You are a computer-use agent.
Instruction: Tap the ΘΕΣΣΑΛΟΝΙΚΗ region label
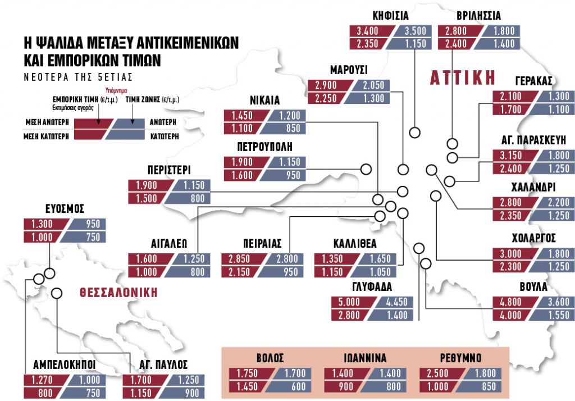pyautogui.click(x=118, y=292)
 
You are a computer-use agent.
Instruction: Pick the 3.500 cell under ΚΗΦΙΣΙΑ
pyautogui.click(x=416, y=31)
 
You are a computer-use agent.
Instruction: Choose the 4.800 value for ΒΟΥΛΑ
pyautogui.click(x=510, y=303)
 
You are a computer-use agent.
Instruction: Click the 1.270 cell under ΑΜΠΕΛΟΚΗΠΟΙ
pyautogui.click(x=41, y=381)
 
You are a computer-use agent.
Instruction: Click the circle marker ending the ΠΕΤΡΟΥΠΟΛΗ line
pyautogui.click(x=366, y=169)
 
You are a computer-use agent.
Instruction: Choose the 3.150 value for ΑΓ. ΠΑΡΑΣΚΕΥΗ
pyautogui.click(x=510, y=156)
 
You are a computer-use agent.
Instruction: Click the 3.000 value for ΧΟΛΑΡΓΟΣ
pyautogui.click(x=510, y=253)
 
